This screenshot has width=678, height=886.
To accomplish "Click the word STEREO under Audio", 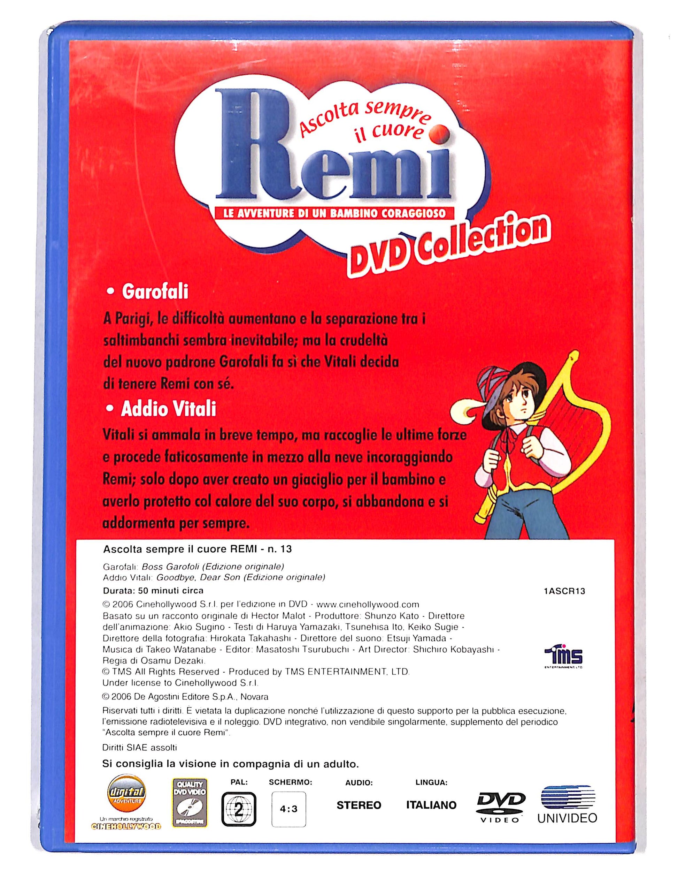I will click(x=359, y=805).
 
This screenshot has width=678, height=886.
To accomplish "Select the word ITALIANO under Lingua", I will click(x=431, y=804).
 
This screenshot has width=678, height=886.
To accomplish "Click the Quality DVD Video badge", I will click(x=189, y=802).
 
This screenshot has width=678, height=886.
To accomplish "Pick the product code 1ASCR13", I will click(x=564, y=591).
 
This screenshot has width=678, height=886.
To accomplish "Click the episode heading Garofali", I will click(x=155, y=292).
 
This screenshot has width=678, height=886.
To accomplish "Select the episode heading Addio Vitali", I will click(x=168, y=409).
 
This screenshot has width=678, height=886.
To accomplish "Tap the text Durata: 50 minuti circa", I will click(x=153, y=591).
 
